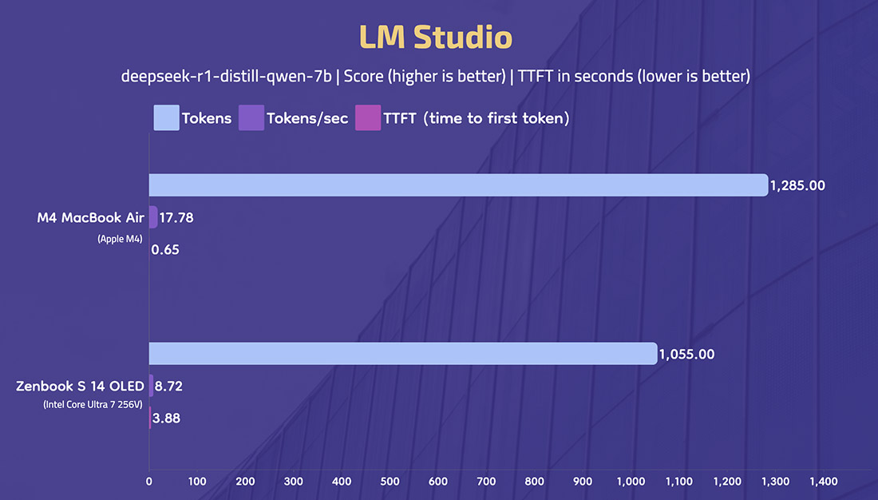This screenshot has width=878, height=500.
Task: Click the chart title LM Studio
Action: [x=436, y=37]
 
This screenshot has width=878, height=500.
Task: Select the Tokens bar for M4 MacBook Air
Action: [x=459, y=185]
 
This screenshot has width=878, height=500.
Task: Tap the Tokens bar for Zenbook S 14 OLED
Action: [x=403, y=354]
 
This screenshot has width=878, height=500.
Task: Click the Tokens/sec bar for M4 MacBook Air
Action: [x=153, y=217]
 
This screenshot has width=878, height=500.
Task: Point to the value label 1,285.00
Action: [x=797, y=185]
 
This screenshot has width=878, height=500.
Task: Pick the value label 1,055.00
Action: [x=686, y=355]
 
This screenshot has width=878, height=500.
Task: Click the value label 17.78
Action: [x=176, y=217]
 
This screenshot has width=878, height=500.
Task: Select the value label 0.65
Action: [x=165, y=249]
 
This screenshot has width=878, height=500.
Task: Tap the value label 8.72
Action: [x=168, y=387]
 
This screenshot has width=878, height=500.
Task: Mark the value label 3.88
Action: [x=166, y=419]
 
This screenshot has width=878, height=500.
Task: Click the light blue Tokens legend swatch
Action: [x=166, y=117]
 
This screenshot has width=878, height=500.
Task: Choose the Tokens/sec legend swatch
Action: [x=251, y=117]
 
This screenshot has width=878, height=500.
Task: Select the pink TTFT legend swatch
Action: [x=368, y=117]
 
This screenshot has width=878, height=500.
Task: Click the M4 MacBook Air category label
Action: [x=91, y=217]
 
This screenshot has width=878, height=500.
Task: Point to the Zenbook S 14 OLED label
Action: [x=80, y=387]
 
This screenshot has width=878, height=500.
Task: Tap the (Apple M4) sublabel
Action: [x=120, y=239]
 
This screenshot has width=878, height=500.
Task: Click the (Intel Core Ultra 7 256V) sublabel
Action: [x=93, y=404]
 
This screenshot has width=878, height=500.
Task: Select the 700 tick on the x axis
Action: [x=486, y=481]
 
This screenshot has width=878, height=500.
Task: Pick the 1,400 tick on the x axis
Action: [x=824, y=481]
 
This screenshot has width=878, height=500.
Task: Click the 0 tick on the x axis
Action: [x=149, y=481]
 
